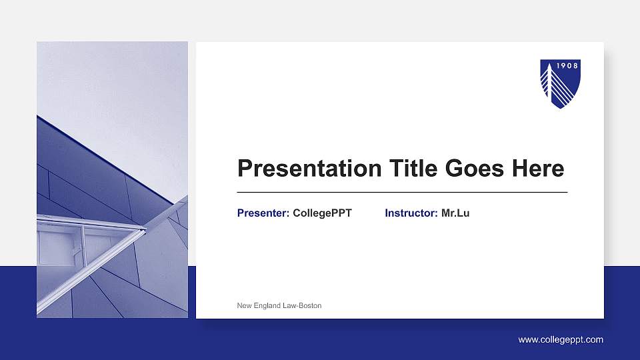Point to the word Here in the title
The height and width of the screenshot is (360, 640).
tap(538, 169)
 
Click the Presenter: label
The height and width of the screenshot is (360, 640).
tap(263, 213)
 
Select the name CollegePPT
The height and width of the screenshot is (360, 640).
tap(322, 213)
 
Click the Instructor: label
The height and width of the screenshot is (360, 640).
tap(411, 213)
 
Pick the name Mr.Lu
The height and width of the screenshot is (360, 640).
tap(455, 213)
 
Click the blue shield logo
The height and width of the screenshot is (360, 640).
tap(560, 84)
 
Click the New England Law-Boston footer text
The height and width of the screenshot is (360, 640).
tap(279, 305)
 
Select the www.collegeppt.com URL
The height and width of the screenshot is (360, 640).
tap(561, 340)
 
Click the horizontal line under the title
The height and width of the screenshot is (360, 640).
tap(402, 192)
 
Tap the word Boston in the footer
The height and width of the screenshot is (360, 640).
tap(310, 305)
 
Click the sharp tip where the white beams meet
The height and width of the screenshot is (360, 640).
tap(145, 229)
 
